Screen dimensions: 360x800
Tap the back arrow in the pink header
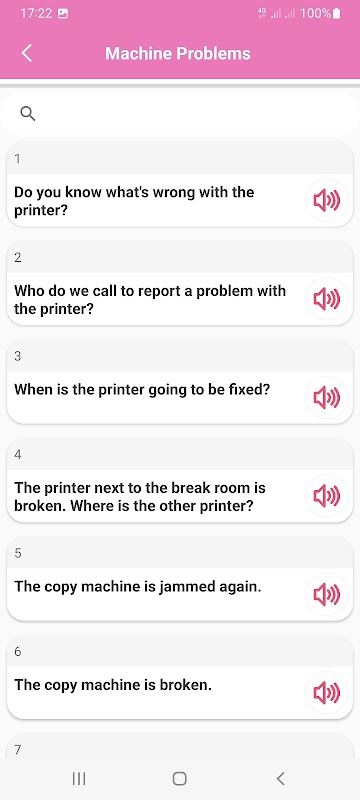click(x=27, y=53)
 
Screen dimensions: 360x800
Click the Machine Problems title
click(x=178, y=54)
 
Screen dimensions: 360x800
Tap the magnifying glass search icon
click(x=28, y=113)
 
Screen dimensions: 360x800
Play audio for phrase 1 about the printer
click(x=327, y=200)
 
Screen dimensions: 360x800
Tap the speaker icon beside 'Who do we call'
click(x=327, y=298)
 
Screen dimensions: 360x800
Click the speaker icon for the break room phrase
click(x=327, y=496)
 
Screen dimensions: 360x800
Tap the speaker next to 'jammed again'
click(x=327, y=594)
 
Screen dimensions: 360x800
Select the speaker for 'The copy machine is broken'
click(x=327, y=693)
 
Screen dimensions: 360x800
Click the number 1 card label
click(x=18, y=159)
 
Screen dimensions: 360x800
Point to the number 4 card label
click(x=18, y=455)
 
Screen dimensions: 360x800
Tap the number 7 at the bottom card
click(x=18, y=750)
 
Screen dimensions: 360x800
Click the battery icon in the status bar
click(x=337, y=14)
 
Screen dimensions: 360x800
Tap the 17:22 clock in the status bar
click(x=36, y=14)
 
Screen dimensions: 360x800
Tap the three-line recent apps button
click(x=79, y=779)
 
